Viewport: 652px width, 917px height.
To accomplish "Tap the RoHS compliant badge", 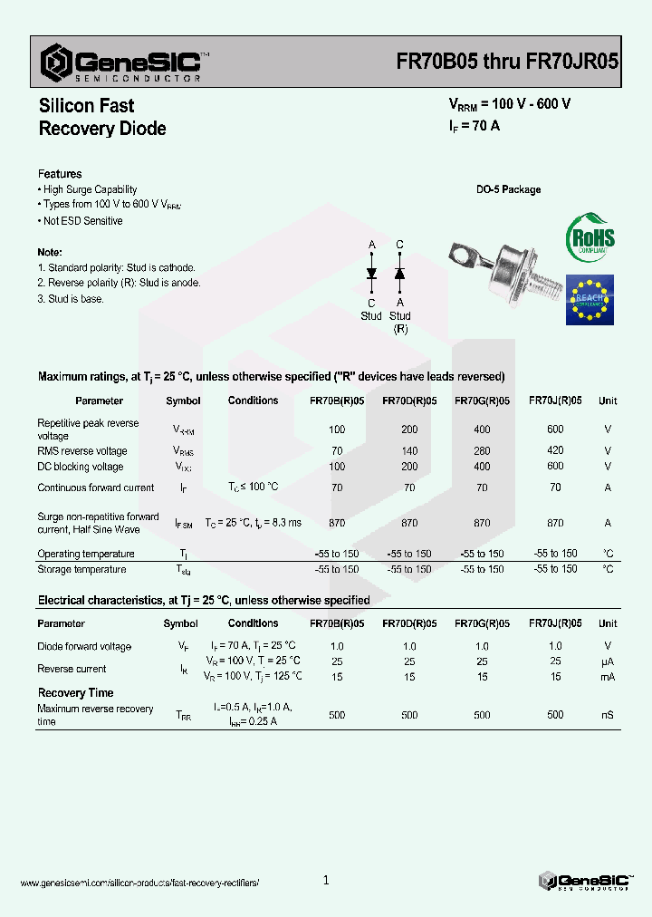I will click(590, 238).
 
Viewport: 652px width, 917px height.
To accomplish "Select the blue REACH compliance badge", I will click(590, 299).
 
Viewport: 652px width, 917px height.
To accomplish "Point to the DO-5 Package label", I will click(508, 189).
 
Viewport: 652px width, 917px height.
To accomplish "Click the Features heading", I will click(60, 174).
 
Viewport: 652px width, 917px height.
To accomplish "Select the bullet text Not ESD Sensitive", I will click(82, 221).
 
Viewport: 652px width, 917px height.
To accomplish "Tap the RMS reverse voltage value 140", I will click(409, 450).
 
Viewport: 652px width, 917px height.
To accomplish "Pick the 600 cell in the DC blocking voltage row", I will click(555, 466).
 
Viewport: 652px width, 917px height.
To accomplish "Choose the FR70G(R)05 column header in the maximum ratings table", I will click(482, 401).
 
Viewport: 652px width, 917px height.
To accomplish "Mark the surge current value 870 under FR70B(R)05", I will click(337, 523).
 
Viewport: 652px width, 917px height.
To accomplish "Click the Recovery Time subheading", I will click(75, 693).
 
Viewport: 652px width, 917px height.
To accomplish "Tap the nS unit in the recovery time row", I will click(607, 715).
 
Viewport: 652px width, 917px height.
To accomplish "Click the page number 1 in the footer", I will click(326, 880).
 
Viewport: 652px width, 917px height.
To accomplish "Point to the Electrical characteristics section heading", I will click(204, 600).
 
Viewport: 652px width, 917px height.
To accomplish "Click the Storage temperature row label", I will click(81, 570).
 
